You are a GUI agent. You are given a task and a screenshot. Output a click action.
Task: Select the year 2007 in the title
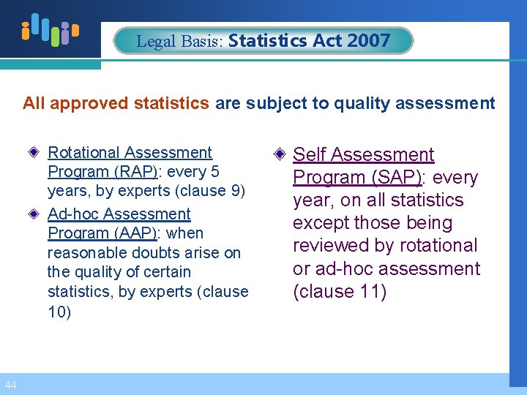coord(370,41)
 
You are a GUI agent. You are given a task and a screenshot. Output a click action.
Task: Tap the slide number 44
coord(10,385)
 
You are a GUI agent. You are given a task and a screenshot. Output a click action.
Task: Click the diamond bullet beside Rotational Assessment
coord(36,153)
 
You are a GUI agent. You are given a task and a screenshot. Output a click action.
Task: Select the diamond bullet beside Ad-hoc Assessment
coord(36,214)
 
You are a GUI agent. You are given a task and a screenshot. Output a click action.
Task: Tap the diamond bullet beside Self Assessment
coord(280,155)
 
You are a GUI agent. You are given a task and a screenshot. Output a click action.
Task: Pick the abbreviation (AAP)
coord(132,233)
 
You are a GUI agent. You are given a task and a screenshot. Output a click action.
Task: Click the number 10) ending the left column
coord(59,312)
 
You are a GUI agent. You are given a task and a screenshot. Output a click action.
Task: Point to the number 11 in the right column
coord(362,292)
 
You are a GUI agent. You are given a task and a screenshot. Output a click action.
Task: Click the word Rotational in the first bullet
coord(82,153)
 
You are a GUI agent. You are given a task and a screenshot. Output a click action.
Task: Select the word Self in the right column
coord(307,155)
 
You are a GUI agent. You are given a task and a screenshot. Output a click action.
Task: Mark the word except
coord(319,223)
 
